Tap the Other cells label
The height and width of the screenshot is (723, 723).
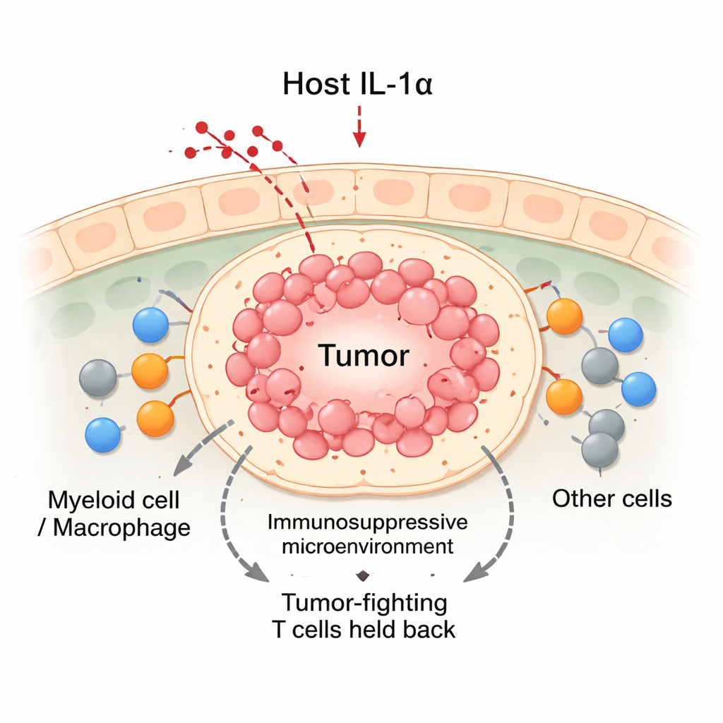611,498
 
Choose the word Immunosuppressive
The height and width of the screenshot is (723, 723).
368,523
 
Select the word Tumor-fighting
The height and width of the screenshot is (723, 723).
364,603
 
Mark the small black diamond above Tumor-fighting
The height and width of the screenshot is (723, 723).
364,574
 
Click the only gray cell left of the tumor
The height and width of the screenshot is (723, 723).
97,377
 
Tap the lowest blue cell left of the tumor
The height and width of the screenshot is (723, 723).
102,434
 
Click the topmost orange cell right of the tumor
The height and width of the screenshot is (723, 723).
565,316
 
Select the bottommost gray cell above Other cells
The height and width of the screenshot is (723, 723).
600,450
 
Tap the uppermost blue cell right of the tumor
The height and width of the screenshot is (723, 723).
625,335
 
